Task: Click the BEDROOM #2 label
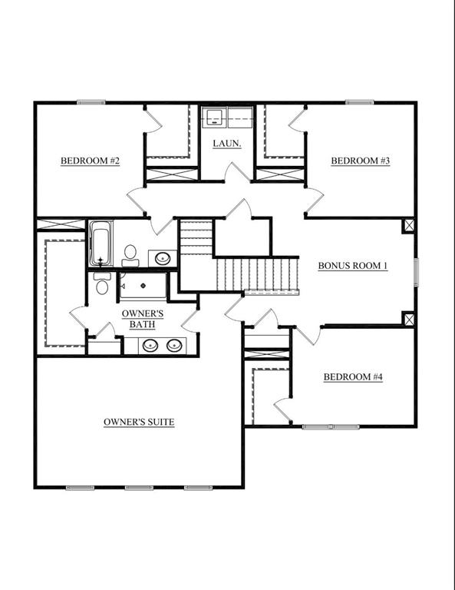(x=91, y=161)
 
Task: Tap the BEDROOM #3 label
(x=361, y=161)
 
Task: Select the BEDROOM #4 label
(x=353, y=377)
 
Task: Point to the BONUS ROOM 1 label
(x=353, y=266)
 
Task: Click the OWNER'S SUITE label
(x=139, y=423)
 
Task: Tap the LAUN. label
(x=227, y=144)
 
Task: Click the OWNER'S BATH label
(x=143, y=319)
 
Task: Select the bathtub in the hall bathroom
(x=101, y=244)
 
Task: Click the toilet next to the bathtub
(x=130, y=256)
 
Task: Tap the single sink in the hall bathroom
(x=163, y=258)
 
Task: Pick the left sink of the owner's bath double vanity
(x=150, y=345)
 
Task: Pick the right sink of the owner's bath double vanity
(x=174, y=345)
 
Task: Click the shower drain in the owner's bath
(x=143, y=286)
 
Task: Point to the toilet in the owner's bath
(x=102, y=284)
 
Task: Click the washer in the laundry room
(x=214, y=117)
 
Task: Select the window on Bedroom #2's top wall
(x=91, y=102)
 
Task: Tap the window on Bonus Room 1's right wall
(x=416, y=273)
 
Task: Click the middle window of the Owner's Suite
(x=139, y=488)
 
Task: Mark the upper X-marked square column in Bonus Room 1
(x=409, y=226)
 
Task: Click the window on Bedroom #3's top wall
(x=360, y=102)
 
